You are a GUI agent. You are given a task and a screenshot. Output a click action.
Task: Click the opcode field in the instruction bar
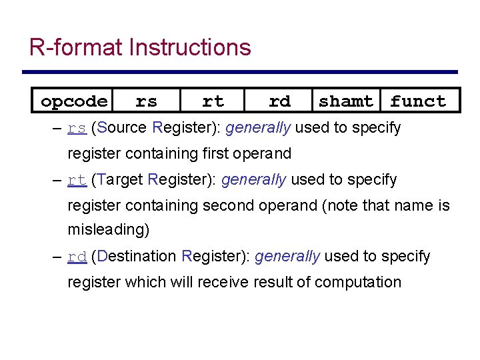pyautogui.click(x=73, y=101)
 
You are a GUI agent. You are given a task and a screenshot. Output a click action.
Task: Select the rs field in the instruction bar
pyautogui.click(x=146, y=101)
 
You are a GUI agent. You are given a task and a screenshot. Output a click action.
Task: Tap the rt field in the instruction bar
pyautogui.click(x=213, y=101)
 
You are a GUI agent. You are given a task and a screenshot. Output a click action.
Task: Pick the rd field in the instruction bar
pyautogui.click(x=279, y=101)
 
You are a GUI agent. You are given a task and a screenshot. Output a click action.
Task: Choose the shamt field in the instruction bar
pyautogui.click(x=346, y=101)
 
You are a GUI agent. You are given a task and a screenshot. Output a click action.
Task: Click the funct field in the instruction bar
pyautogui.click(x=418, y=101)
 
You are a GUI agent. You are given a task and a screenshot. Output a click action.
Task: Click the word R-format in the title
pyautogui.click(x=76, y=47)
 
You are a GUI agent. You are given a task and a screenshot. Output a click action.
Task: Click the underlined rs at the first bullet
pyautogui.click(x=77, y=128)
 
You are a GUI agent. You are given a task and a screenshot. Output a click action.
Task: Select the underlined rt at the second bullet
pyautogui.click(x=77, y=180)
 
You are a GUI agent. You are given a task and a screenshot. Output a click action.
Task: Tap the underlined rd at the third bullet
pyautogui.click(x=77, y=257)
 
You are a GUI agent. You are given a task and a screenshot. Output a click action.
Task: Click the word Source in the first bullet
pyautogui.click(x=122, y=127)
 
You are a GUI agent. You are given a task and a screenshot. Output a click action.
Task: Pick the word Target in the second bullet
pyautogui.click(x=120, y=179)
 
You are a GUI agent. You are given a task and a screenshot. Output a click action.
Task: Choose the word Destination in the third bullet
pyautogui.click(x=137, y=256)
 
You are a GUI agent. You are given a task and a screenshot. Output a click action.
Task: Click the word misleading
pyautogui.click(x=108, y=230)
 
